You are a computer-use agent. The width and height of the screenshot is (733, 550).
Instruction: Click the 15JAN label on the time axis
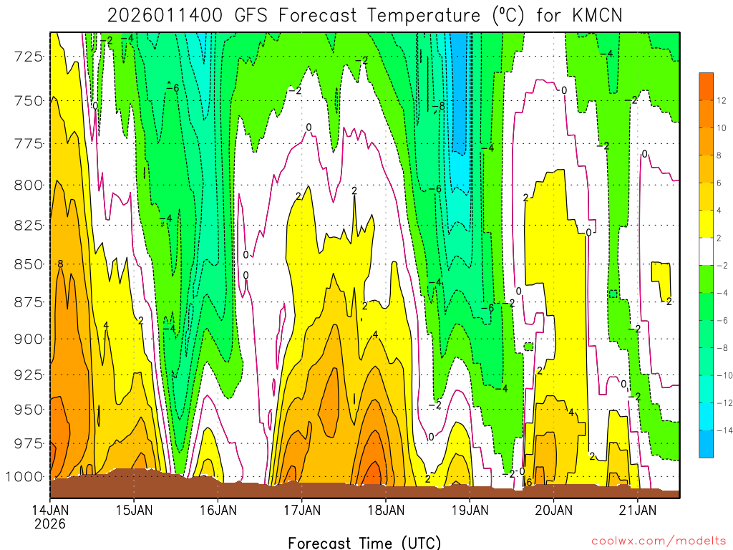[x=134, y=510]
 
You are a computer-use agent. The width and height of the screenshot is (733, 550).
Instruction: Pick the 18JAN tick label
[x=386, y=510]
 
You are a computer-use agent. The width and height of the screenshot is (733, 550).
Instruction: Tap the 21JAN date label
[x=638, y=510]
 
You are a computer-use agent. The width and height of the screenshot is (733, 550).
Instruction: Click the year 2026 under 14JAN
[x=49, y=524]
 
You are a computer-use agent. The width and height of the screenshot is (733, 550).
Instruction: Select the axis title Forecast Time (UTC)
[x=364, y=542]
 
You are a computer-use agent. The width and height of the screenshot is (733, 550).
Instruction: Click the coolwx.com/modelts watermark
[x=659, y=540]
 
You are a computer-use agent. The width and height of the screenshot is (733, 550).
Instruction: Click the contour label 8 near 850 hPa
[x=60, y=264]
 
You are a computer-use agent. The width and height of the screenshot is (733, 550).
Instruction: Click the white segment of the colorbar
[x=707, y=251]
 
